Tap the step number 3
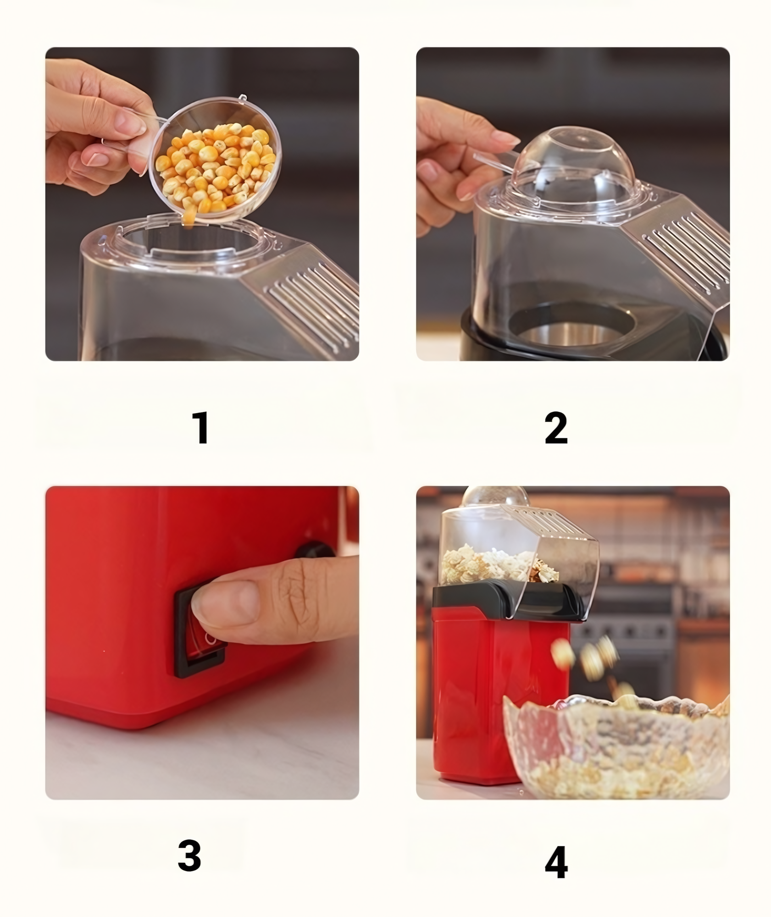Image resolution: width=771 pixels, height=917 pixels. pyautogui.click(x=189, y=855)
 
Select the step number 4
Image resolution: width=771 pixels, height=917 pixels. pyautogui.click(x=556, y=862)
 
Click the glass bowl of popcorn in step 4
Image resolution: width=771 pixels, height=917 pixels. pyautogui.click(x=617, y=743)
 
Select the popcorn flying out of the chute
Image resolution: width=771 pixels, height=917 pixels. pyautogui.click(x=592, y=660)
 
